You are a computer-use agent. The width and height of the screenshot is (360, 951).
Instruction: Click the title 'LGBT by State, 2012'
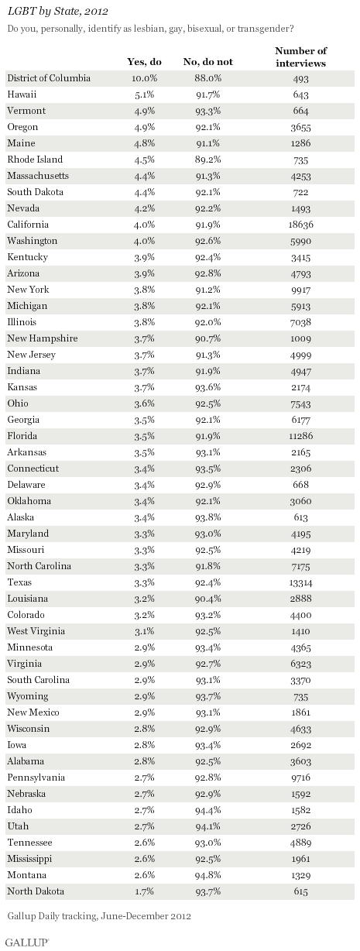(x=57, y=12)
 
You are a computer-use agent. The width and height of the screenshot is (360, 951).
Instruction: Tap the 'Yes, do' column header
(x=144, y=62)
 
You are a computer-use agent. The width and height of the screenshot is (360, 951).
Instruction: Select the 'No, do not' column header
(x=208, y=62)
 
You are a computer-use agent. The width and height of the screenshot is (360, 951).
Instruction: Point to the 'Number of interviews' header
(x=301, y=57)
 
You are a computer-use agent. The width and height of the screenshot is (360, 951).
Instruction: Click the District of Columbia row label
(x=49, y=78)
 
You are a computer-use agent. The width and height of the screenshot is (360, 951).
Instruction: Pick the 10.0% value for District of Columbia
(x=144, y=78)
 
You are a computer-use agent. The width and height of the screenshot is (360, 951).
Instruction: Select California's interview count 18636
(x=301, y=225)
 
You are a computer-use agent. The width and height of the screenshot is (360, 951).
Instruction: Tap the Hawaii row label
(x=22, y=94)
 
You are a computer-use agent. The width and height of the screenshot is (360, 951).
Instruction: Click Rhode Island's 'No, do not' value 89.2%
(x=208, y=160)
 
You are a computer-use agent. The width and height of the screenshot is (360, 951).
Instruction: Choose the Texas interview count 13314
(x=301, y=582)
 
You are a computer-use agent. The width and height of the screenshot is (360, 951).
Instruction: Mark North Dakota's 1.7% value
(x=144, y=891)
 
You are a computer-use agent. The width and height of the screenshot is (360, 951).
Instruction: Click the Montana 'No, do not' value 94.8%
(x=208, y=875)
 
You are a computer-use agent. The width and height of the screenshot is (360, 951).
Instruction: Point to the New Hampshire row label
(x=43, y=338)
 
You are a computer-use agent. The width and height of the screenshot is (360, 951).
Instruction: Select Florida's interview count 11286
(x=301, y=436)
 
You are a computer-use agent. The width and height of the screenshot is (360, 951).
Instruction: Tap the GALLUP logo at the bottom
(x=28, y=939)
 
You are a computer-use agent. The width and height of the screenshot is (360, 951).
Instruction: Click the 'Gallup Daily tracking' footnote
(x=99, y=916)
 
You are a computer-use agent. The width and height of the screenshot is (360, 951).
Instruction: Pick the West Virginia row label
(x=36, y=631)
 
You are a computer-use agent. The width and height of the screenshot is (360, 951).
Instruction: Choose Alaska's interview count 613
(x=301, y=517)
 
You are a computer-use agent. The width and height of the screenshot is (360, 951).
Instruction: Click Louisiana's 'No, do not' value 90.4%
(x=208, y=599)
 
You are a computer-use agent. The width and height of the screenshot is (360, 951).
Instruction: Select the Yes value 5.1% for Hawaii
(x=144, y=94)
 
